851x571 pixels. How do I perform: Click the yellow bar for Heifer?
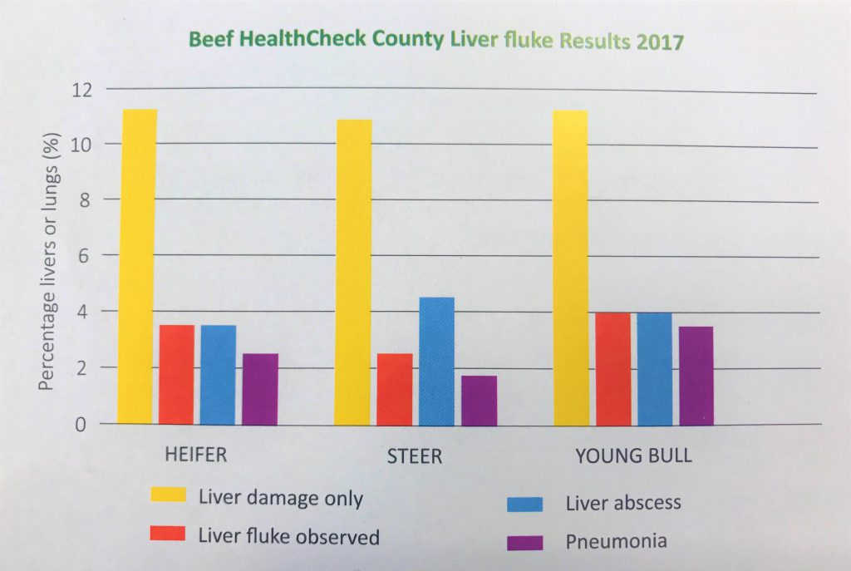point(137,266)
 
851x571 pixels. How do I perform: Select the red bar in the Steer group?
point(395,389)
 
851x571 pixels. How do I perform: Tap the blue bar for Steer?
point(436,362)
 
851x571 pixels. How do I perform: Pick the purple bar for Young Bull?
point(696,376)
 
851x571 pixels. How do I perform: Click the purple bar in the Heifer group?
point(260,389)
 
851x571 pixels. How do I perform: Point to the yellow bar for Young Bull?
point(570,268)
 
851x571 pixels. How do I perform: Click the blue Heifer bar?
point(218,375)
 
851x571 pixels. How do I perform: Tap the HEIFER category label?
point(195,456)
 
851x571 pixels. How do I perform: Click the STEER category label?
point(413,458)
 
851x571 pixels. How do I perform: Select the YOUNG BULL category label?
point(633,458)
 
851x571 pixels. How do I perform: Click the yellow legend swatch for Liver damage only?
point(167,496)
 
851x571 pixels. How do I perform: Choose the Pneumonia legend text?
point(616,542)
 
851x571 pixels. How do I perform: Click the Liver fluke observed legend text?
point(288,535)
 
